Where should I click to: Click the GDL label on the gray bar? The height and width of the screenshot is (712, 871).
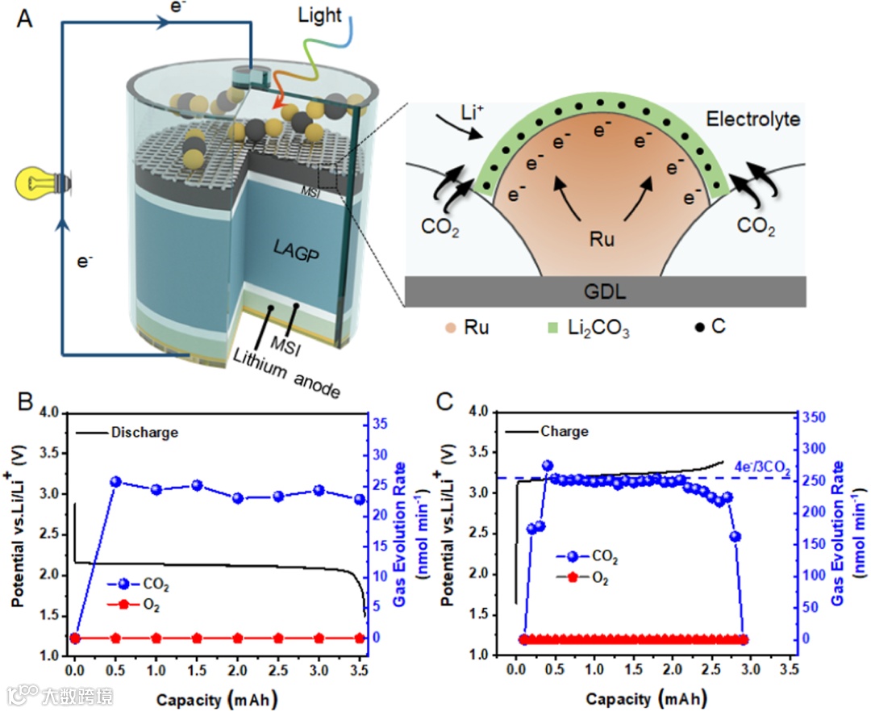click(605, 291)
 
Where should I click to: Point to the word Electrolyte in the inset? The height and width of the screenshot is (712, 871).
click(752, 119)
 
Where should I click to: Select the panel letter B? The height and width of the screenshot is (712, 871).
click(25, 402)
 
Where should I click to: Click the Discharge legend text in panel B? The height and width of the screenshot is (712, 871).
click(145, 433)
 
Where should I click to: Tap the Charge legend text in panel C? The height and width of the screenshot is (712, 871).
click(566, 432)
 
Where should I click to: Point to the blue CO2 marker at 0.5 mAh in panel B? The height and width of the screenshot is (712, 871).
click(115, 482)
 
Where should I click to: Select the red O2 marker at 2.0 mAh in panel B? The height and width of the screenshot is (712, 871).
click(238, 638)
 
